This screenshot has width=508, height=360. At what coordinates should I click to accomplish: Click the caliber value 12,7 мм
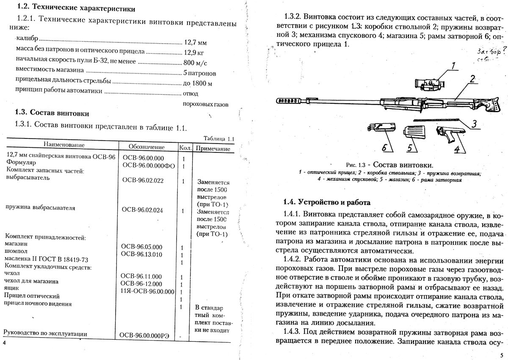pos(196,42)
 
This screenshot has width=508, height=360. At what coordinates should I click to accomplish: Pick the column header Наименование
pos(64,145)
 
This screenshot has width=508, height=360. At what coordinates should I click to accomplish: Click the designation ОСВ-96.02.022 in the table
pos(143,180)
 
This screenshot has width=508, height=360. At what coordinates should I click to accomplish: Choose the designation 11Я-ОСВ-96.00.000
pos(147,291)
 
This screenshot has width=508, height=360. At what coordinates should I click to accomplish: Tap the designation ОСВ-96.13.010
pos(142,254)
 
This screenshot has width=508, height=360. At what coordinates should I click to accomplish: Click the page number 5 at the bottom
pos(500,355)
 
